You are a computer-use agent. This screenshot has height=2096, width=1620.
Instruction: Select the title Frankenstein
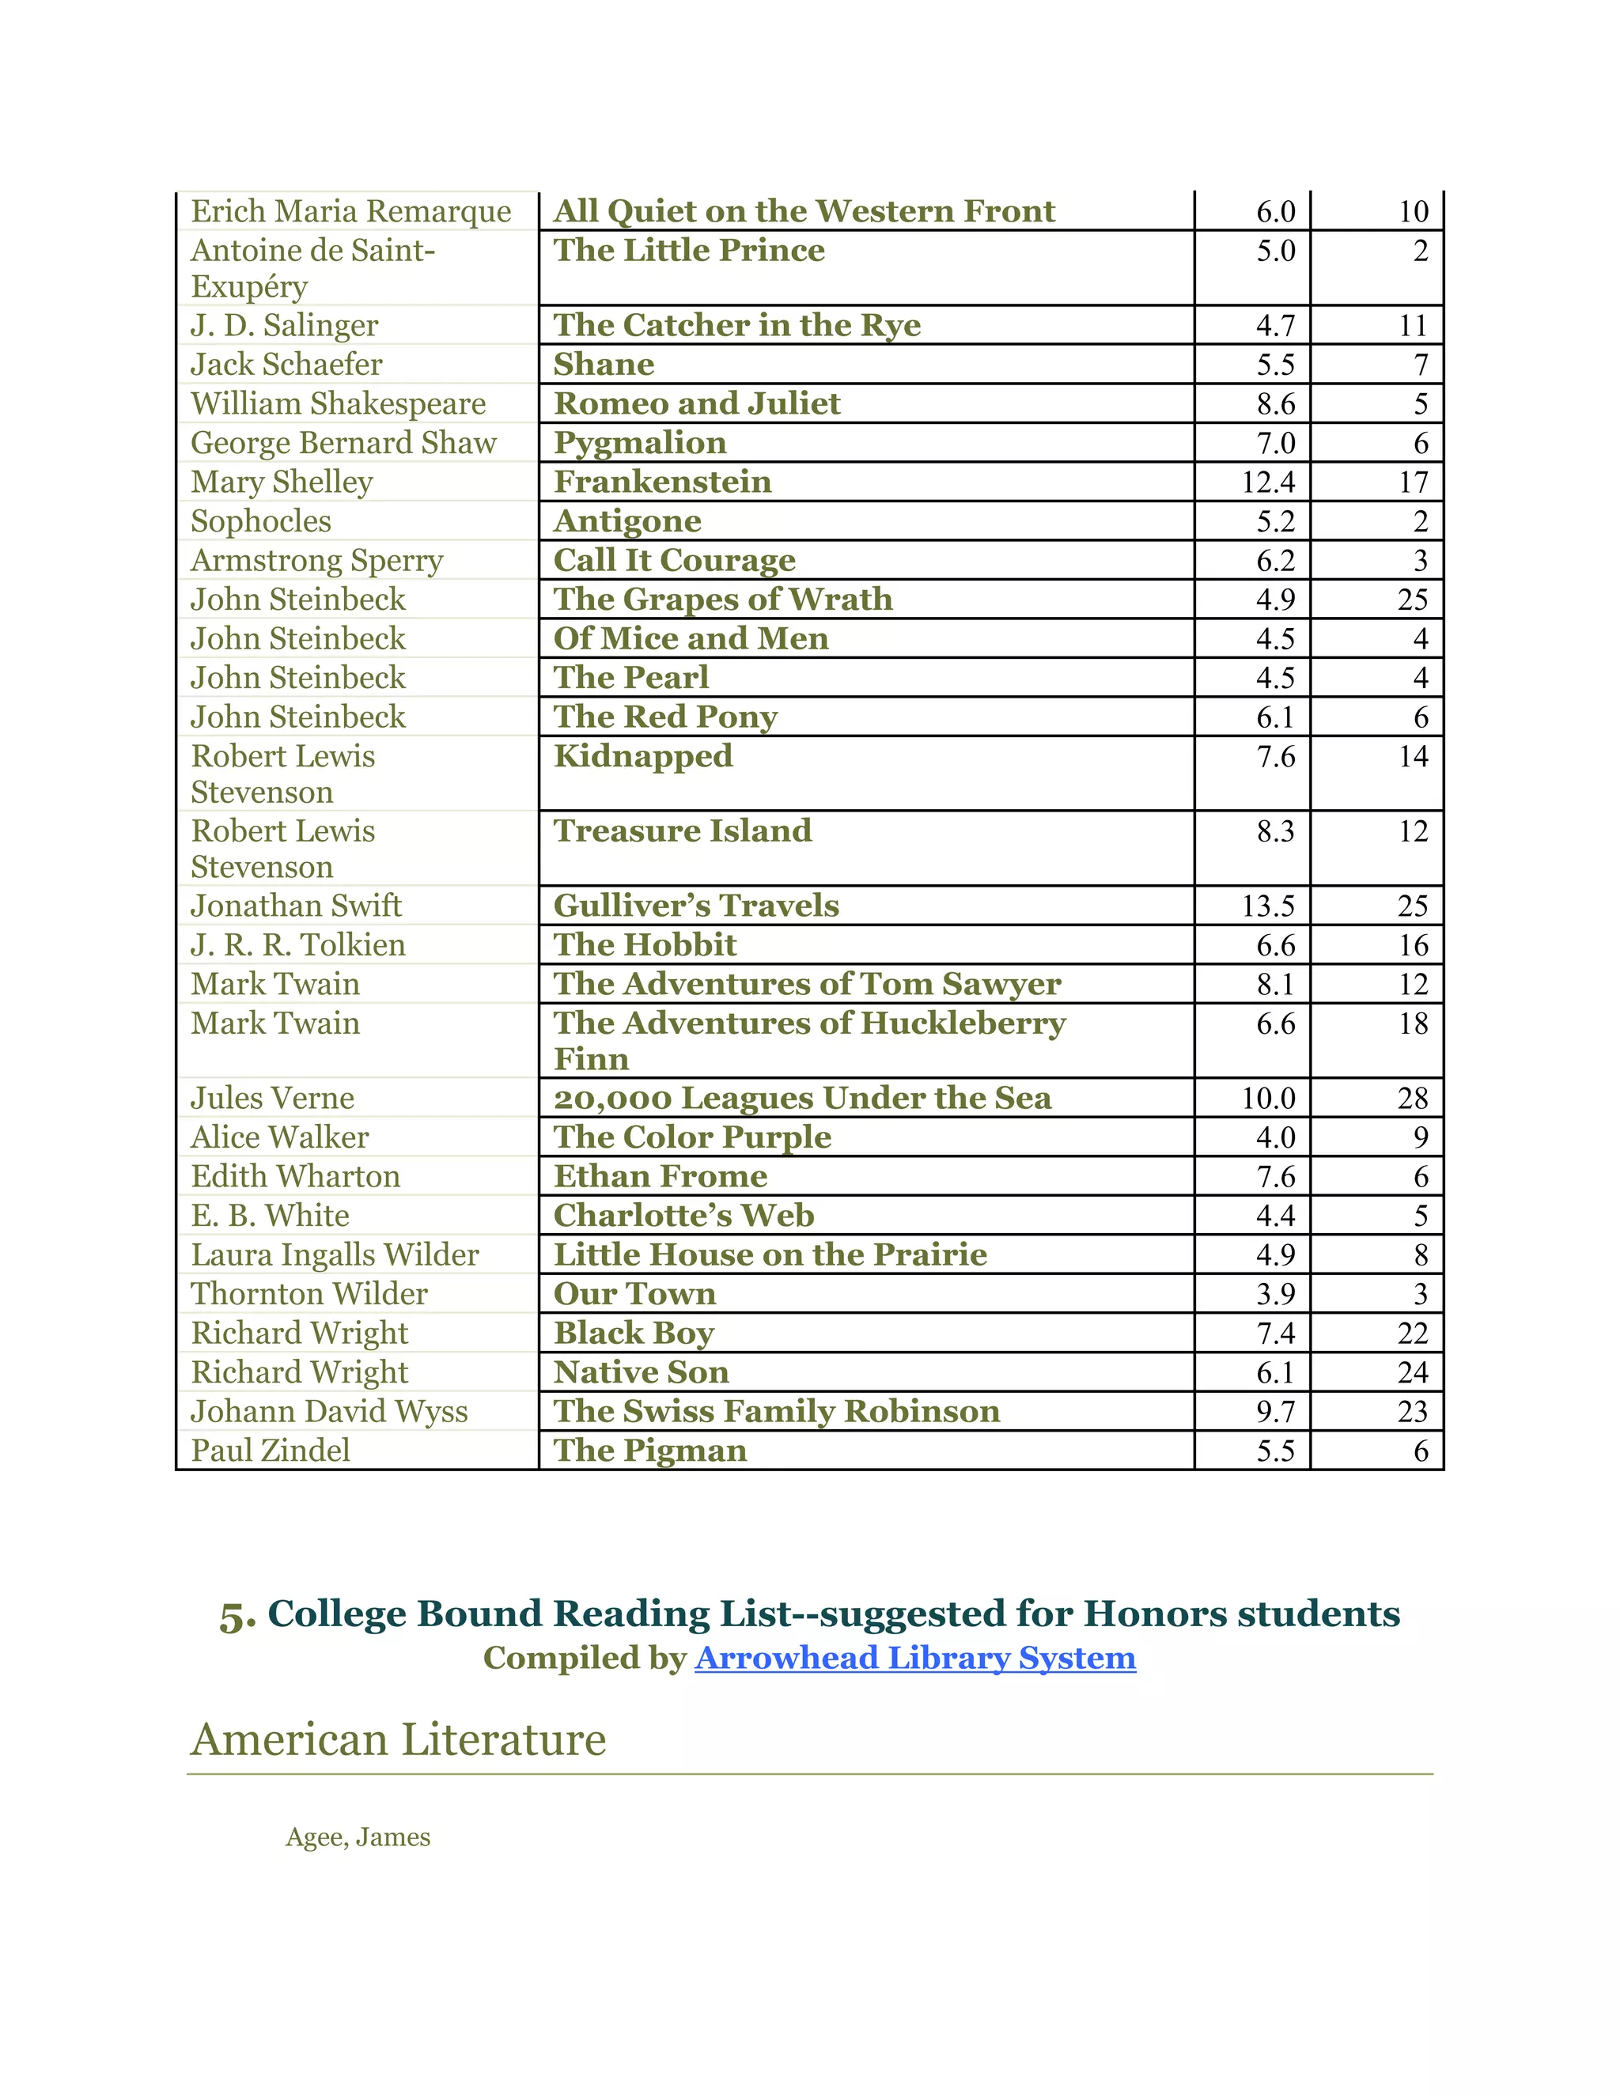pyautogui.click(x=662, y=482)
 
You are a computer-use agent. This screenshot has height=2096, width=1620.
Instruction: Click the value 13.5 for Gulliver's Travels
pyautogui.click(x=1268, y=906)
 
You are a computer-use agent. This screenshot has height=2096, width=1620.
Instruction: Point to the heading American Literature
pyautogui.click(x=399, y=1740)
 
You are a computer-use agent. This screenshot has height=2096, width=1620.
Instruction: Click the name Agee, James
pyautogui.click(x=358, y=1837)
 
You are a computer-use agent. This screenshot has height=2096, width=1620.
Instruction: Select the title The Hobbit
pyautogui.click(x=645, y=945)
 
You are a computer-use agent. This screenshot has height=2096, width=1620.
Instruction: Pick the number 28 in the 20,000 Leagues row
pyautogui.click(x=1412, y=1098)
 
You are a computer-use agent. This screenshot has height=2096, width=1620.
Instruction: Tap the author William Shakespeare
pyautogui.click(x=338, y=404)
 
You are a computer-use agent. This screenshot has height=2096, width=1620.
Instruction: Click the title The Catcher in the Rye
pyautogui.click(x=736, y=325)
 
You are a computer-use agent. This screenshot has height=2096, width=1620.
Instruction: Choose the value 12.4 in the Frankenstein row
pyautogui.click(x=1268, y=482)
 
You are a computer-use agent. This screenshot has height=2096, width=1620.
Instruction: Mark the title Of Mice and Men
pyautogui.click(x=691, y=638)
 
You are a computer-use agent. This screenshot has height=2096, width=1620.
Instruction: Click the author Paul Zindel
pyautogui.click(x=271, y=1450)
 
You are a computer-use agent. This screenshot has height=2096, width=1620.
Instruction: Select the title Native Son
pyautogui.click(x=641, y=1372)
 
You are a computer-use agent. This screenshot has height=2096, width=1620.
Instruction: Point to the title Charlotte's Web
pyautogui.click(x=683, y=1216)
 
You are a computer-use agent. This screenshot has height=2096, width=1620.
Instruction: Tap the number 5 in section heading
pyautogui.click(x=236, y=1616)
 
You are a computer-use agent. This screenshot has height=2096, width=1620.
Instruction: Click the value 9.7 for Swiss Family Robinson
pyautogui.click(x=1275, y=1412)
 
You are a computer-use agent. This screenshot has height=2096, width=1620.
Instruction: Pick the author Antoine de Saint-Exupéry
pyautogui.click(x=313, y=268)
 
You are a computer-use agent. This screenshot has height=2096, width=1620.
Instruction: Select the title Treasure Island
pyautogui.click(x=683, y=831)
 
